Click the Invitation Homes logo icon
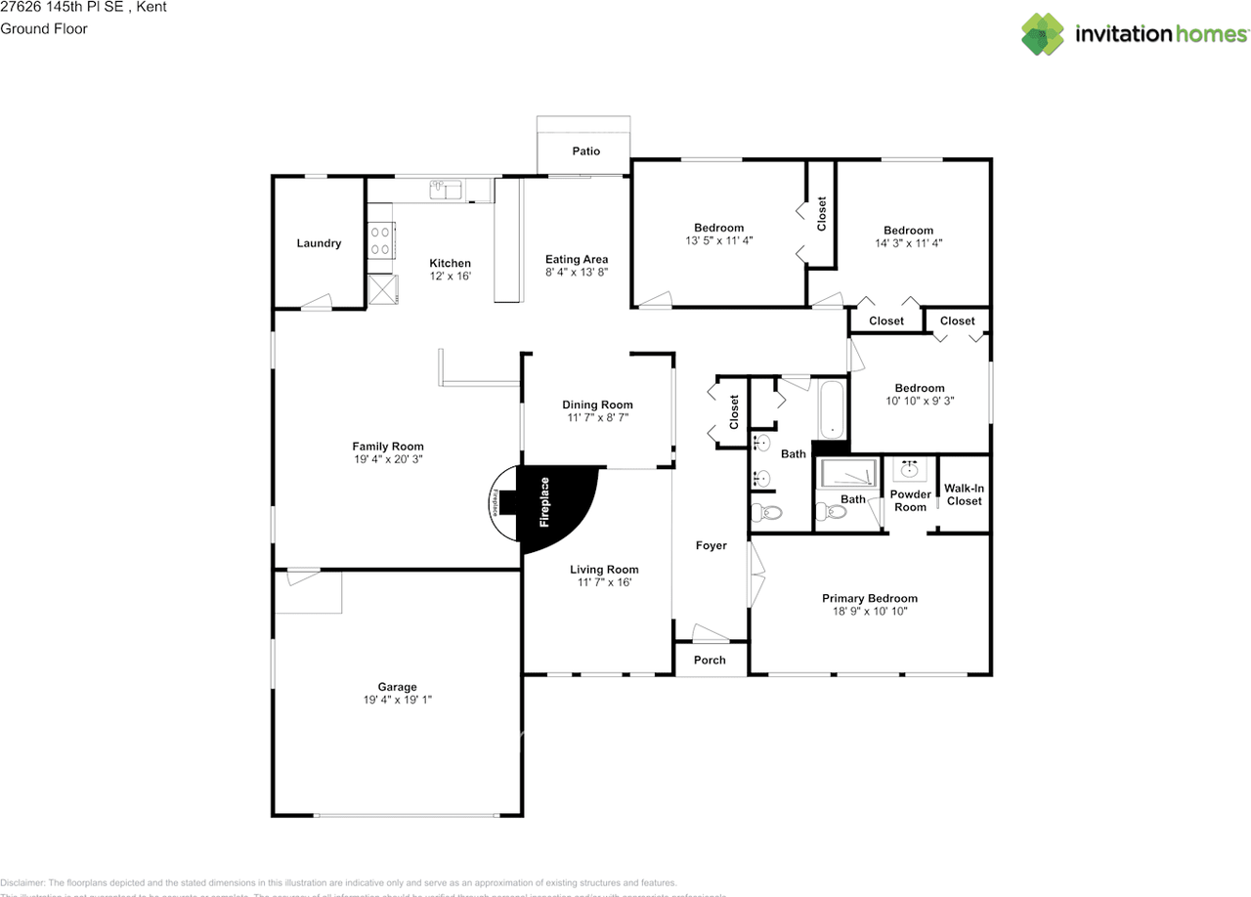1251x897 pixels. tap(1043, 34)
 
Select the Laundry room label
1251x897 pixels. tap(319, 243)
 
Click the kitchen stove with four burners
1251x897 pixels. tap(380, 240)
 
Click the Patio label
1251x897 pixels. tap(586, 151)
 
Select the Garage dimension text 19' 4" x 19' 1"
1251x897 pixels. tap(398, 700)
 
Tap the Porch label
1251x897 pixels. tap(710, 660)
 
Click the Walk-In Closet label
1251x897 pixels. tap(964, 494)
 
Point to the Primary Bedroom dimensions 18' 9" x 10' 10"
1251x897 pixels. tap(869, 612)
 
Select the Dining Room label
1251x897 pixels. tap(597, 405)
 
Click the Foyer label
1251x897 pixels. tap(711, 545)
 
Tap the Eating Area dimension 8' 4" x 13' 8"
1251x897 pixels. tap(577, 273)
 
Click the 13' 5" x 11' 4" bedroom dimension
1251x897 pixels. tap(719, 240)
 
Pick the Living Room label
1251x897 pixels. tap(604, 570)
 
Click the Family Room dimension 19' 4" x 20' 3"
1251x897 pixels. tap(388, 459)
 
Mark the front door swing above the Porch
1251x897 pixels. tap(704, 631)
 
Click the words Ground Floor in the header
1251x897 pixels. tap(44, 28)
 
